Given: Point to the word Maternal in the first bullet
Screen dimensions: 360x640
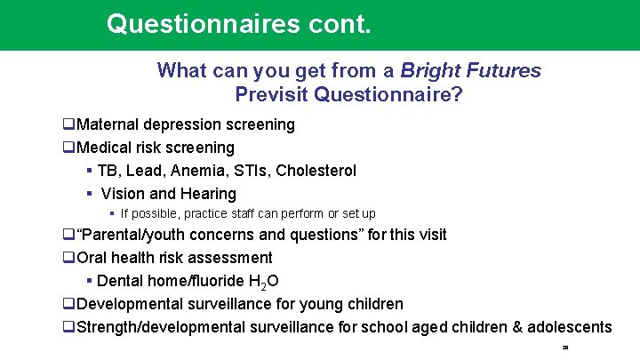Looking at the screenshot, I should click(108, 124).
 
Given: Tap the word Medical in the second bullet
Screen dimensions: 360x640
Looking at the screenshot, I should click(105, 148).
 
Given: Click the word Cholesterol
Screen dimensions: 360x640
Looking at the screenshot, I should click(316, 171).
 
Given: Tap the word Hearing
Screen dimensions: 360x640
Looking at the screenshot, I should click(208, 194).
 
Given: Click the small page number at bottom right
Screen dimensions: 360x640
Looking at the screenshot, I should click(564, 348).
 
